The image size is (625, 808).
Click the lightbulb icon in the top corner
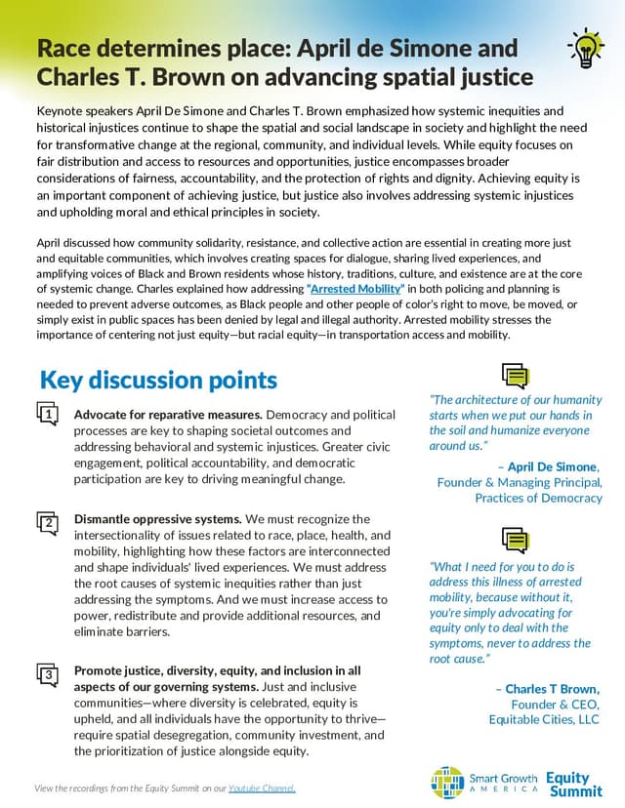pyautogui.click(x=584, y=48)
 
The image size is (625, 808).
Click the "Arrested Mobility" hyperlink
pyautogui.click(x=355, y=290)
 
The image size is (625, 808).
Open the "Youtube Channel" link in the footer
pyautogui.click(x=262, y=788)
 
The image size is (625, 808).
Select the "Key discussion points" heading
pyautogui.click(x=158, y=380)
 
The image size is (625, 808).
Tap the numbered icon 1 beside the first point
pyautogui.click(x=48, y=417)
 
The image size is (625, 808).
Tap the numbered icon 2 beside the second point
pyautogui.click(x=48, y=523)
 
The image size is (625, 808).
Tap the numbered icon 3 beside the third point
pyautogui.click(x=48, y=674)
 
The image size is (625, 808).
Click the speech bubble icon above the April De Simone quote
pyautogui.click(x=515, y=376)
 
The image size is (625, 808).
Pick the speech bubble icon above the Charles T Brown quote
pyautogui.click(x=515, y=540)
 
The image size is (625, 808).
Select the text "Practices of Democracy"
pyautogui.click(x=539, y=498)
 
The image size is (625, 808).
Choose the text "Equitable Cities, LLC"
pyautogui.click(x=544, y=719)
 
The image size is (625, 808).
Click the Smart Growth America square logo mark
pyautogui.click(x=447, y=782)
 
